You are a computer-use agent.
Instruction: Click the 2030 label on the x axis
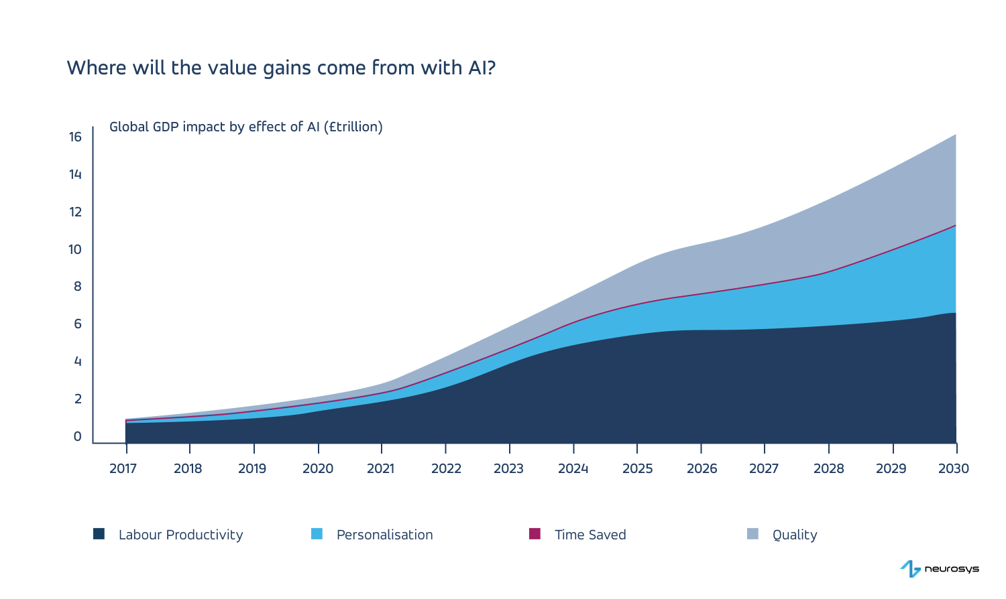953,468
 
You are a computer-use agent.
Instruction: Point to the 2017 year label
123,468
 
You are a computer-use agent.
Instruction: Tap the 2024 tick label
573,468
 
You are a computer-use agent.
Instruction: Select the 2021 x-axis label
380,468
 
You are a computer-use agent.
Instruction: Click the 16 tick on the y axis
74,137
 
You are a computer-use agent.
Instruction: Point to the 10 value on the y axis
74,249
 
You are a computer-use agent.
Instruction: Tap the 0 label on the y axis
77,436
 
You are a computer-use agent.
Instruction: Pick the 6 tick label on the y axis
77,324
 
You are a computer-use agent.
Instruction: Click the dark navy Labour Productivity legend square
99,534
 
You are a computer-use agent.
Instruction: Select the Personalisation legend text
384,535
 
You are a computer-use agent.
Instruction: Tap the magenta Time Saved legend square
535,534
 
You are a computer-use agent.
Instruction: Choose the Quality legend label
795,535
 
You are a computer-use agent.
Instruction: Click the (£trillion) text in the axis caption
353,127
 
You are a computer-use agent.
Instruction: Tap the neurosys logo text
951,569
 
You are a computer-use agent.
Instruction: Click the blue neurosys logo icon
910,569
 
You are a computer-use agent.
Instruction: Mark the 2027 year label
763,468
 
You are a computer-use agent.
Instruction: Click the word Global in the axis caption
129,127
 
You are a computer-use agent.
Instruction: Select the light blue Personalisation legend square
317,534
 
